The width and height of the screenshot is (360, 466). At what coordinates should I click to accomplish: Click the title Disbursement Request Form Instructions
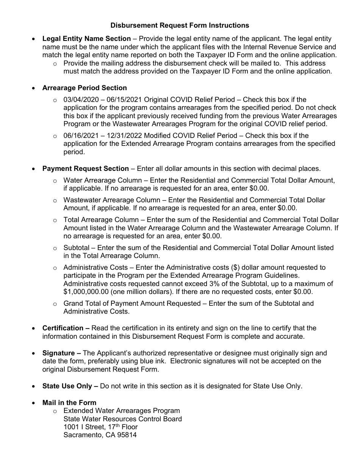pyautogui.click(x=180, y=25)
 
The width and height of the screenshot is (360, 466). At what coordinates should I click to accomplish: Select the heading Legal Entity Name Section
pyautogui.click(x=86, y=39)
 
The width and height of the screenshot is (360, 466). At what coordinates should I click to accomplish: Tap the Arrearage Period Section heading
pyautogui.click(x=85, y=88)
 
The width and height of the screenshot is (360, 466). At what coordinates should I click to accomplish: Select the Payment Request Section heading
pyautogui.click(x=85, y=169)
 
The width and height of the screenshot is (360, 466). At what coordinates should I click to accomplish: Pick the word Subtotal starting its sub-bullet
pyautogui.click(x=77, y=248)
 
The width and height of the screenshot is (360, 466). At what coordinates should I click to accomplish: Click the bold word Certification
pyautogui.click(x=63, y=328)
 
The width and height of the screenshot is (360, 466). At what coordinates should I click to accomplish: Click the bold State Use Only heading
pyautogui.click(x=67, y=386)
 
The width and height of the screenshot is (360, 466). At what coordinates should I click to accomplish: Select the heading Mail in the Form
pyautogui.click(x=69, y=403)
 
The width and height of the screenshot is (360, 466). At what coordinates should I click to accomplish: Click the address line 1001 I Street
pyautogui.click(x=85, y=427)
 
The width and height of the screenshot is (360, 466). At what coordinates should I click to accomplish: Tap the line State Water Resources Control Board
pyautogui.click(x=122, y=419)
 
